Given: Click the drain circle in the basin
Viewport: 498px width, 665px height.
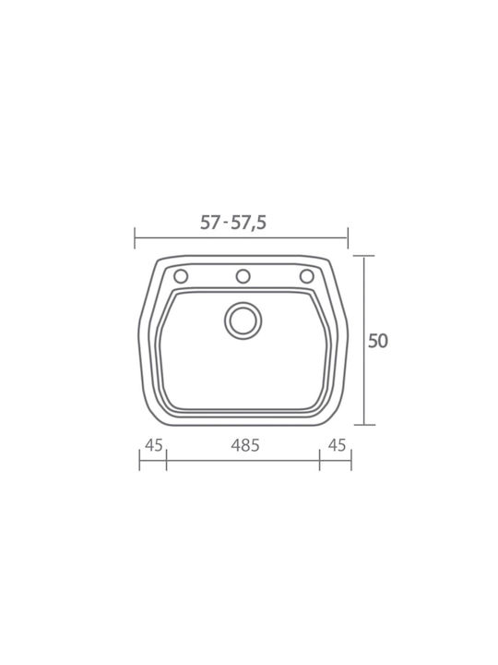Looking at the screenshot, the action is point(243,320).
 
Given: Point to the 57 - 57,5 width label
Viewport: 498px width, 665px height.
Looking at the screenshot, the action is point(233,223).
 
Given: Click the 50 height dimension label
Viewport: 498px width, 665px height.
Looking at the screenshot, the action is point(378,341).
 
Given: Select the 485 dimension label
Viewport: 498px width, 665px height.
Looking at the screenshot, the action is point(245,445).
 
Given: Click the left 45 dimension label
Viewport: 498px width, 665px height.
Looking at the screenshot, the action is point(154,445).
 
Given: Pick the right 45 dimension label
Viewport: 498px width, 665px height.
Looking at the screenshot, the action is point(338,445).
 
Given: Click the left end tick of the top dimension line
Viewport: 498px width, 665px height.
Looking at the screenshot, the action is point(135,238).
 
